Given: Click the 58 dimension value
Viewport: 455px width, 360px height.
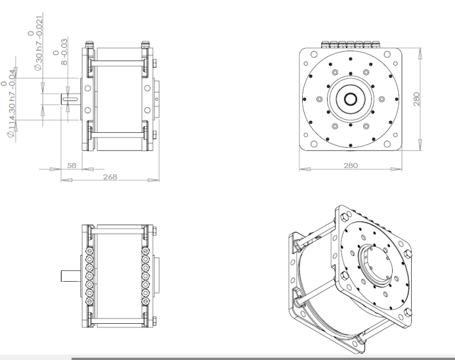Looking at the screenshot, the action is pyautogui.click(x=71, y=165).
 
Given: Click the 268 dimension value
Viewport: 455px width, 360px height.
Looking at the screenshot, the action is pyautogui.click(x=110, y=177).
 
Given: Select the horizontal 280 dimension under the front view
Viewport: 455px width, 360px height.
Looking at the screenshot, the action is pyautogui.click(x=351, y=165).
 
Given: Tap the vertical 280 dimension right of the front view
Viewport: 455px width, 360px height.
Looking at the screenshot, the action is pyautogui.click(x=416, y=99).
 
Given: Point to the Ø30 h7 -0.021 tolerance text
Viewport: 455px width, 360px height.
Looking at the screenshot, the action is pyautogui.click(x=39, y=43).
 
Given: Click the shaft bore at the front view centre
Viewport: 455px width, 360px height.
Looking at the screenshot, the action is pyautogui.click(x=351, y=99).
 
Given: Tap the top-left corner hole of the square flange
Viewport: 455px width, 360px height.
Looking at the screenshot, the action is pyautogui.click(x=313, y=55).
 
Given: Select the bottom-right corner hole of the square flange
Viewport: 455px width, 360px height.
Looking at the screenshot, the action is pyautogui.click(x=387, y=144).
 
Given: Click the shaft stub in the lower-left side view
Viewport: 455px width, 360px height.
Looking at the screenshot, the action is pyautogui.click(x=71, y=276).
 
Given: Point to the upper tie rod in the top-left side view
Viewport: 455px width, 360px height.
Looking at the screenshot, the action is pyautogui.click(x=117, y=63).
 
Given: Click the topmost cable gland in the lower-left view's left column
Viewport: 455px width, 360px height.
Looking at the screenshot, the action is pyautogui.click(x=89, y=250).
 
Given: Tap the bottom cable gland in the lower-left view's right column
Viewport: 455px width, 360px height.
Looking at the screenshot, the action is pyautogui.click(x=145, y=301).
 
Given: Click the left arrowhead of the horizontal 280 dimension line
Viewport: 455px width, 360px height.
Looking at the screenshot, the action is pyautogui.click(x=305, y=169).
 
